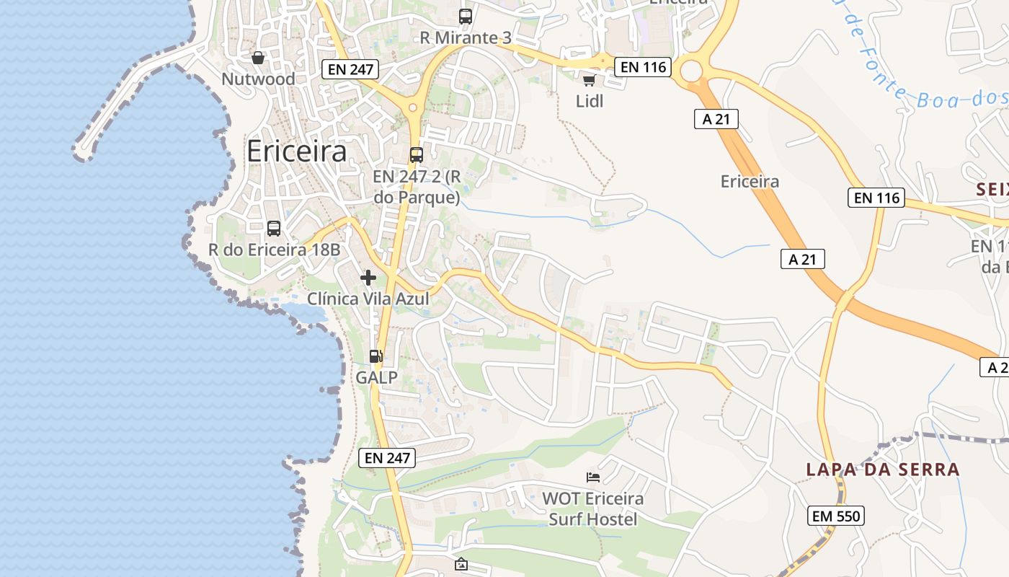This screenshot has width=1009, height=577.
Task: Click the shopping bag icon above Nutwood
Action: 258,58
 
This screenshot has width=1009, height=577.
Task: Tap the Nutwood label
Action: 258,79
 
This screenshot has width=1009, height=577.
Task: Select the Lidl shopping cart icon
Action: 589,80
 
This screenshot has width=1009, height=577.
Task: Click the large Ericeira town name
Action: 296,151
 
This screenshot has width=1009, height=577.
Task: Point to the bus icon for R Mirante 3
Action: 466,16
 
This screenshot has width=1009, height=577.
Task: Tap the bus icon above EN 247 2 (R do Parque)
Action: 416,154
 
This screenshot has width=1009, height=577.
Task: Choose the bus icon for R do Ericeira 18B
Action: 274,229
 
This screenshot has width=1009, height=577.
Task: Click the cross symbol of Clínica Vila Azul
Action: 368,278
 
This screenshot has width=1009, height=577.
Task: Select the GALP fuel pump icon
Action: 375,356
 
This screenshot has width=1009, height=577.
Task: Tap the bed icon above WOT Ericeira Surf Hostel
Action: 593,477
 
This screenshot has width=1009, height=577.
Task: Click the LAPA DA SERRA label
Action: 883,470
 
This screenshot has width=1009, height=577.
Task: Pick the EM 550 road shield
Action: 836,516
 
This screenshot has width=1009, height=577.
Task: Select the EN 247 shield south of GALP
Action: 387,457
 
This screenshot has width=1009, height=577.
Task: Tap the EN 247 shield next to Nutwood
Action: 350,69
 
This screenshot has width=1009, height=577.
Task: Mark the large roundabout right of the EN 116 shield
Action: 690,71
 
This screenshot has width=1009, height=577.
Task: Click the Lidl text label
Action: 590,102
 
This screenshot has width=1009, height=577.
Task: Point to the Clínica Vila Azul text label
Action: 368,299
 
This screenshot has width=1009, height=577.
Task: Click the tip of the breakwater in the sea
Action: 81,152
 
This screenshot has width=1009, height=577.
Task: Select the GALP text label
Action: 376,377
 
